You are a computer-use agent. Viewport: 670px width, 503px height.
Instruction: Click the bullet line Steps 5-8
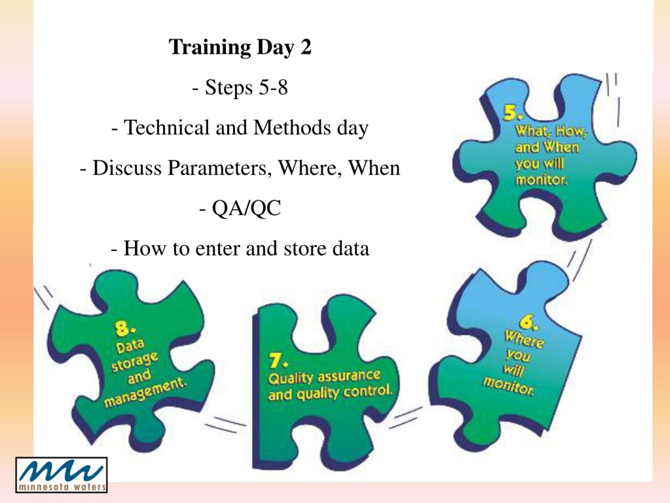(x=240, y=88)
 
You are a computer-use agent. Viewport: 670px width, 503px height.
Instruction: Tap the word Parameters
(x=219, y=168)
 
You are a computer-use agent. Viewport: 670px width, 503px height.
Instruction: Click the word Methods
(x=292, y=127)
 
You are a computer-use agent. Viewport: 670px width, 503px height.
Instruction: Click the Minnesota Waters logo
(x=62, y=474)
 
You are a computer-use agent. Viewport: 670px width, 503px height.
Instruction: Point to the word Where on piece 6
(x=524, y=340)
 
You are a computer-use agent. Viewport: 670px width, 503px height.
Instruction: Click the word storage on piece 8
(x=135, y=362)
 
